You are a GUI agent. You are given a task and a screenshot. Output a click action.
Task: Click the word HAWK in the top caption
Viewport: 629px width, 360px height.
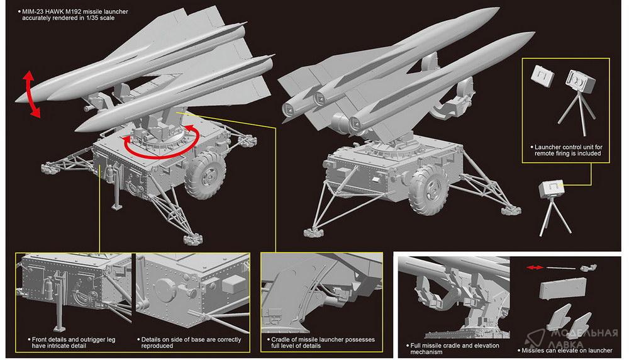[55, 11]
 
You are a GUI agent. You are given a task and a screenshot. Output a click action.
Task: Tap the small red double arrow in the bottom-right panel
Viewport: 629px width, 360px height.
[535, 267]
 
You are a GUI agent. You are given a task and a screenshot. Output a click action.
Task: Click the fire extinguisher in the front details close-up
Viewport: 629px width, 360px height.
[48, 288]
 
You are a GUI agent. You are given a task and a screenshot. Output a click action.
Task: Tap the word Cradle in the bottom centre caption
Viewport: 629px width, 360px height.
[281, 339]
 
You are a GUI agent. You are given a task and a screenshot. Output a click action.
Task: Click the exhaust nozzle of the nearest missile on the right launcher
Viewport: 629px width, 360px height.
[356, 124]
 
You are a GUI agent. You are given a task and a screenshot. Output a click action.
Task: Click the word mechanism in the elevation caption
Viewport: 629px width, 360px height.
[426, 352]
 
